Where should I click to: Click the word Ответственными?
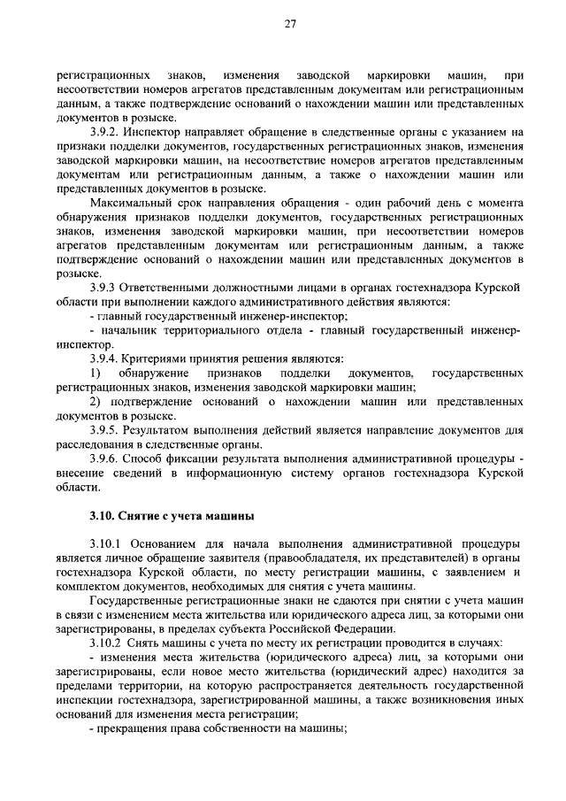pyautogui.click(x=166, y=288)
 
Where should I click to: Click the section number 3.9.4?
pyautogui.click(x=106, y=358)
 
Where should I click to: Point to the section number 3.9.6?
pyautogui.click(x=106, y=458)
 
